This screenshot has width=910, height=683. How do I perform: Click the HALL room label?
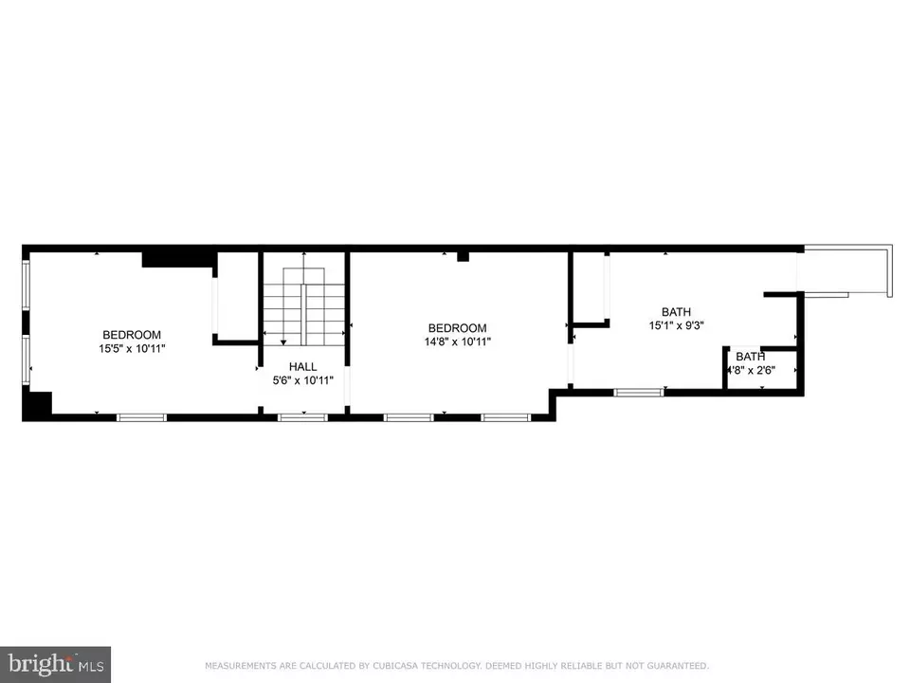point(303,366)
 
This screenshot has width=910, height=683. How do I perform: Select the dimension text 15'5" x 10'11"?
point(132,348)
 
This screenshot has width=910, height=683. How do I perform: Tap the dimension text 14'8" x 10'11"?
point(458,341)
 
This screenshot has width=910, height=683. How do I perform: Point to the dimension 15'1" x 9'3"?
point(676,325)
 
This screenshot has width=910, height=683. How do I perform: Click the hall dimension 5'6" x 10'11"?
point(303,380)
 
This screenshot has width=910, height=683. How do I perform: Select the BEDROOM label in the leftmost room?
point(132,335)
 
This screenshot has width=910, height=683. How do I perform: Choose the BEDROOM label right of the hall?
point(458,328)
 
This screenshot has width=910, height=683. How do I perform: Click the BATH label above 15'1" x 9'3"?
point(676,311)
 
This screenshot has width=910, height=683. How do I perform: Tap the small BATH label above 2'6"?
point(750,357)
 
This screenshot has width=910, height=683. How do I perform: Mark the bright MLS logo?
point(55,663)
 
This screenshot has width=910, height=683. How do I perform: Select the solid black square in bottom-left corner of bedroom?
point(37,405)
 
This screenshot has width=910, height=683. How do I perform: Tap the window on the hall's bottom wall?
point(302,416)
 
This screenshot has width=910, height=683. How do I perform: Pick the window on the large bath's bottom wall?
point(639,391)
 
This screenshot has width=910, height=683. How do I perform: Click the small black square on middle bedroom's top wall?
point(463,256)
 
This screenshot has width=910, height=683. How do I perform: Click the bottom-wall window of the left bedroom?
point(141,416)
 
